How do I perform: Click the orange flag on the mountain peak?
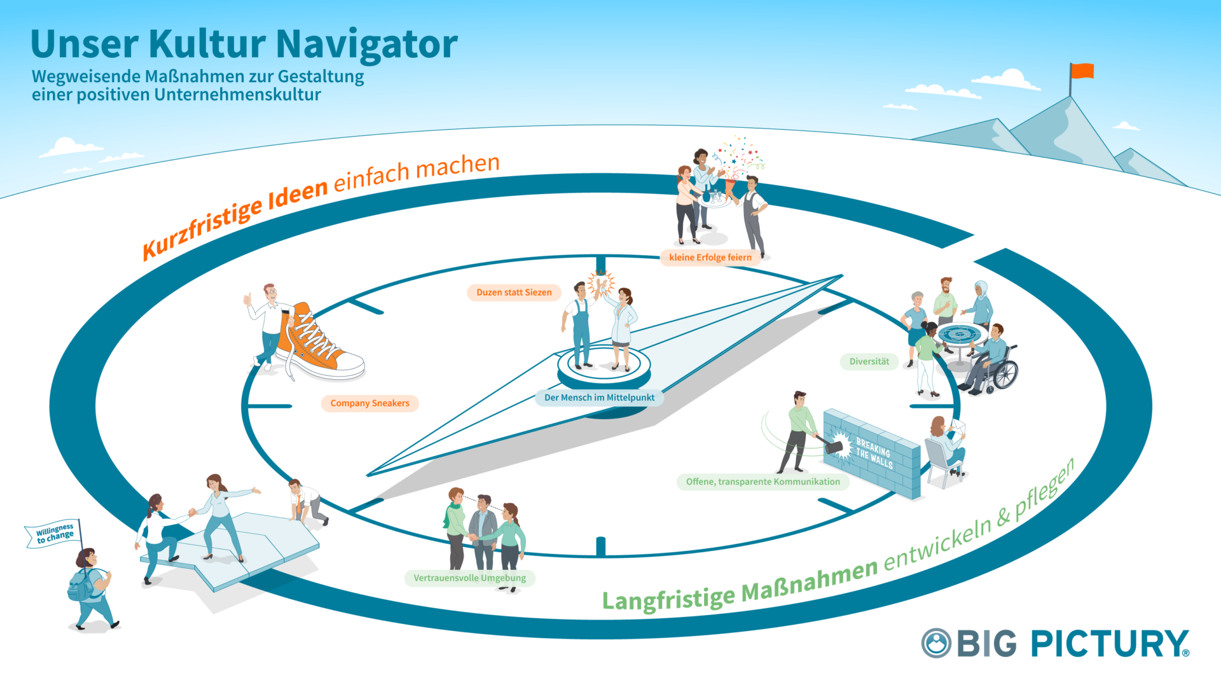(1082, 71)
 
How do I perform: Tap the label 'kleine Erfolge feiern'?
(710, 258)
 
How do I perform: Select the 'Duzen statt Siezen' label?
(514, 293)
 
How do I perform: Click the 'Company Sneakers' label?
(369, 403)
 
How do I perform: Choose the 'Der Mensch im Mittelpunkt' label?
(599, 398)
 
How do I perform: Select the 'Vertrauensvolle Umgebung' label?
(469, 578)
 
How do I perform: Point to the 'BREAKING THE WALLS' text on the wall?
(874, 453)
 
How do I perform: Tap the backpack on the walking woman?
(81, 586)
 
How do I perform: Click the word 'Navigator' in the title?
(367, 45)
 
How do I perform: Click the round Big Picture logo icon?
(936, 643)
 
